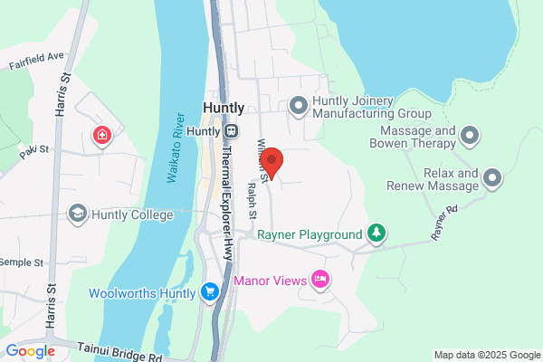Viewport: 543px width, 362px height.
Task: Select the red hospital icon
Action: pos(102,137)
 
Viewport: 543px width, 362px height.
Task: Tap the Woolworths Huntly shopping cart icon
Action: pos(210,291)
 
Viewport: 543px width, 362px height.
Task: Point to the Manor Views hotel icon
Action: pos(319,280)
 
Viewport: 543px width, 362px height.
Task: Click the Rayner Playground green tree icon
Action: pos(376,234)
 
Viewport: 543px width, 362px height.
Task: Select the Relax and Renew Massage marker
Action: pos(491,177)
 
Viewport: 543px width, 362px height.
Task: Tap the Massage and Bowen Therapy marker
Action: pos(469,137)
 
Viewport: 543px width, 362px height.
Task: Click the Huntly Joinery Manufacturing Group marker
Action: pos(299,107)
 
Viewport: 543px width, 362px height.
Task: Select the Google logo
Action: pos(30,351)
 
